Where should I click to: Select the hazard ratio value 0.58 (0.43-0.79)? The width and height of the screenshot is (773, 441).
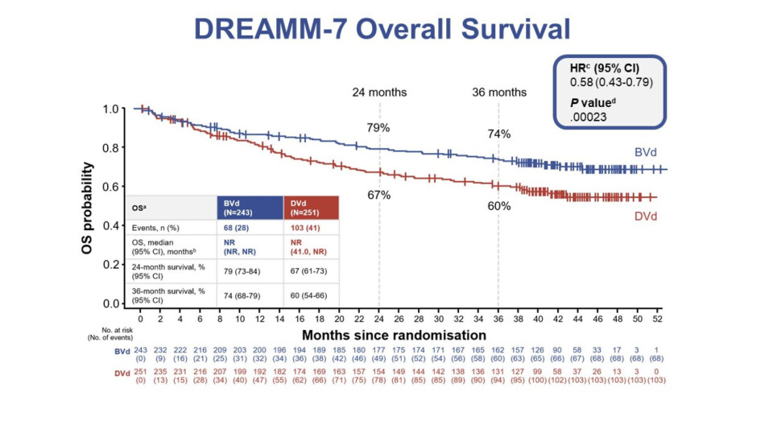(x=610, y=82)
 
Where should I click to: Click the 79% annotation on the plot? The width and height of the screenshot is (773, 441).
(x=379, y=128)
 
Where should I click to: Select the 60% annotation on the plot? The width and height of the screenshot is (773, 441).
(x=499, y=206)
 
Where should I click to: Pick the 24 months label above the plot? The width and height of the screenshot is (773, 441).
(x=379, y=92)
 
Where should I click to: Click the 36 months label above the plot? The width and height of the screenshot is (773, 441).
(x=499, y=92)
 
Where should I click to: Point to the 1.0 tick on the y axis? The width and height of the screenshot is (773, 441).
(x=114, y=109)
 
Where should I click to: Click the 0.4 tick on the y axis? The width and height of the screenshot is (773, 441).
(x=114, y=225)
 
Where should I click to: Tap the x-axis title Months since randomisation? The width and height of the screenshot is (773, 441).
(x=394, y=334)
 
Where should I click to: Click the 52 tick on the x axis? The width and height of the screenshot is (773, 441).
(x=657, y=319)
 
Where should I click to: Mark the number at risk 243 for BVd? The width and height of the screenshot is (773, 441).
(x=140, y=350)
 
